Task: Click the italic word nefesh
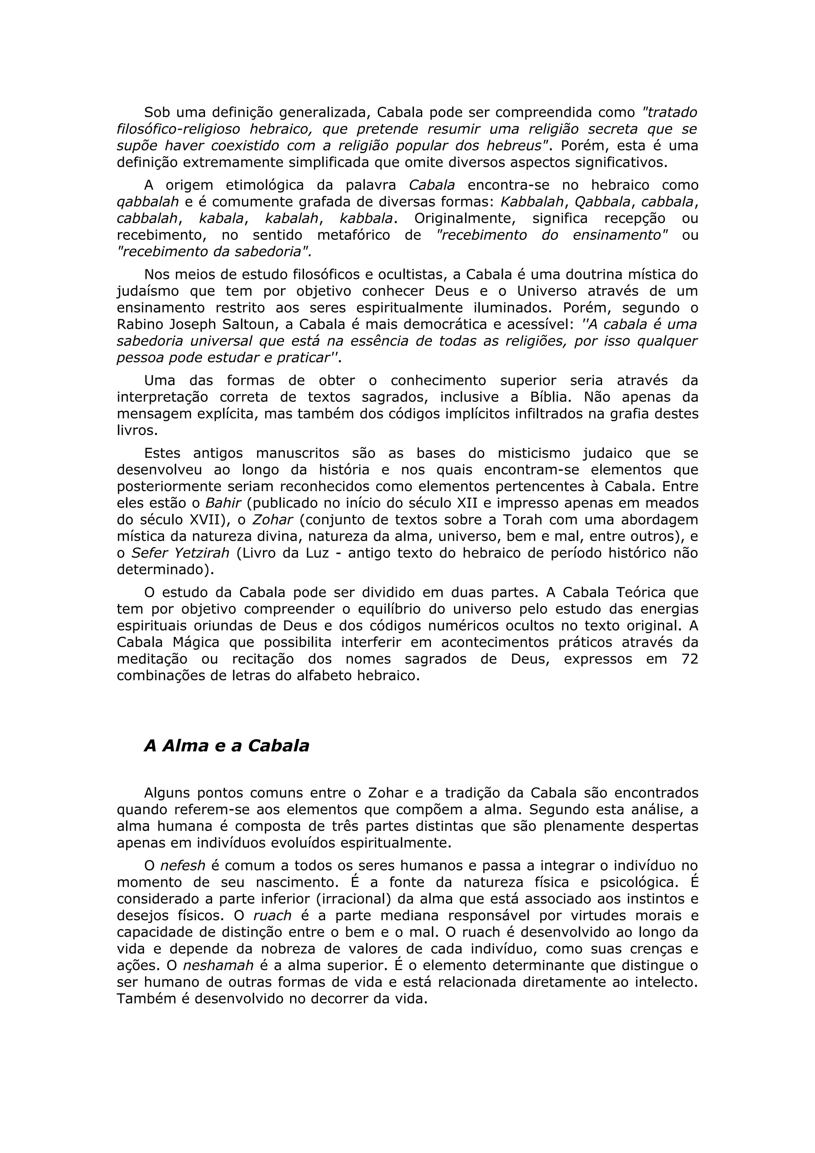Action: [x=183, y=866]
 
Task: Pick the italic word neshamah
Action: [x=218, y=966]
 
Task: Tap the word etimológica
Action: [x=265, y=185]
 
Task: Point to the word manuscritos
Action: [x=297, y=454]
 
